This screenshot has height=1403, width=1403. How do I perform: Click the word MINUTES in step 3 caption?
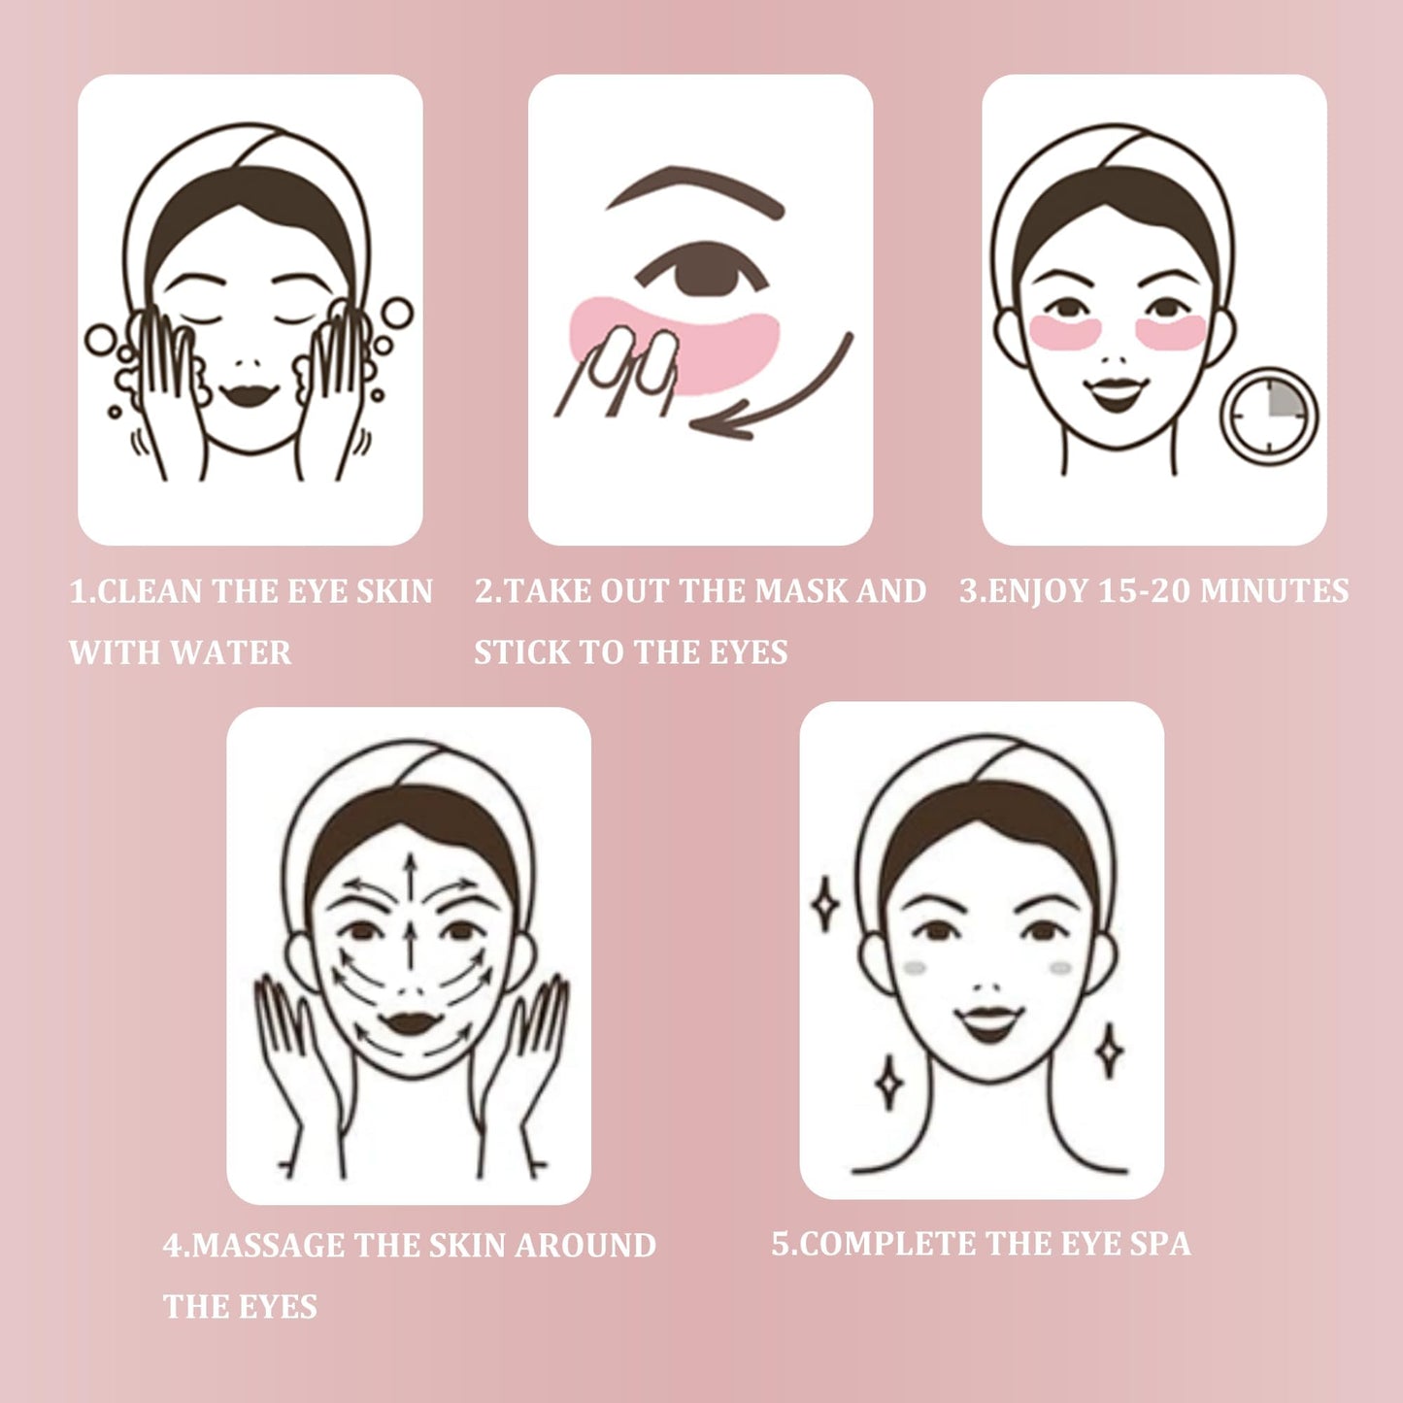[1274, 590]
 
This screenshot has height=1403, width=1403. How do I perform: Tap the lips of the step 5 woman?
[988, 1023]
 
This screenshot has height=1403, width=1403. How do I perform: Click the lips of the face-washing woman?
[250, 394]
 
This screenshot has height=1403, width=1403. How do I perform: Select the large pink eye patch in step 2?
[674, 346]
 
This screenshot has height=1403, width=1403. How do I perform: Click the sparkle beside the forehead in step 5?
[825, 904]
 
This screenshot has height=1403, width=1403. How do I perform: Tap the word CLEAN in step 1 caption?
[149, 590]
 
